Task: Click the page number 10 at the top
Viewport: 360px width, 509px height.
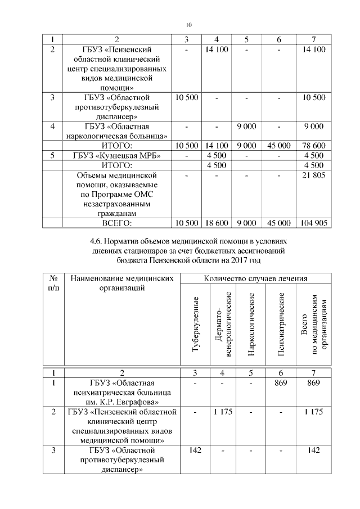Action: pyautogui.click(x=188, y=25)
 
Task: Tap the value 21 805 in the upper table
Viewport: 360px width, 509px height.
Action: pyautogui.click(x=313, y=175)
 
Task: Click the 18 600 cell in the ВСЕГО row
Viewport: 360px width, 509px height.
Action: pyautogui.click(x=216, y=223)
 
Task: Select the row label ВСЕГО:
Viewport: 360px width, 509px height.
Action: pyautogui.click(x=116, y=223)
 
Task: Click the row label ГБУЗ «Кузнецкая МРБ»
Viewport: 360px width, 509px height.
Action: pyautogui.click(x=116, y=156)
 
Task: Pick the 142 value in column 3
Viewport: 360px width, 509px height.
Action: pyautogui.click(x=195, y=450)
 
